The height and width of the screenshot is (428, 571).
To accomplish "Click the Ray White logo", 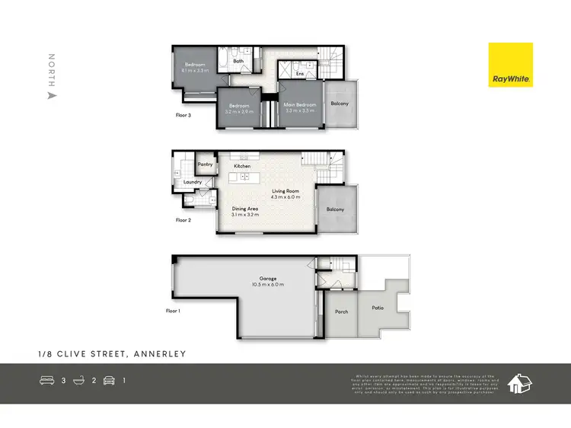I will pyautogui.click(x=510, y=65).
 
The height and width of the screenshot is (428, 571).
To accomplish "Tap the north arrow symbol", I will pyautogui.click(x=52, y=96).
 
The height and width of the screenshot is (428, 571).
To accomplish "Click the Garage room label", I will pyautogui.click(x=266, y=279).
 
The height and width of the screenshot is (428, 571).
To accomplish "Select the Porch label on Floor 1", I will pyautogui.click(x=341, y=311).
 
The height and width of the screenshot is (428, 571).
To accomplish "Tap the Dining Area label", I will pyautogui.click(x=246, y=209).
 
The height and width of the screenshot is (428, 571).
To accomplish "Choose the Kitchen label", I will pyautogui.click(x=243, y=166).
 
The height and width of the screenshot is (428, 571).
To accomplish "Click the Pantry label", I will pyautogui.click(x=204, y=164).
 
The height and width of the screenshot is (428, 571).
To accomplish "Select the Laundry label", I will pyautogui.click(x=191, y=182).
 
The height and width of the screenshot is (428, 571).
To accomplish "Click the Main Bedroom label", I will pyautogui.click(x=300, y=104).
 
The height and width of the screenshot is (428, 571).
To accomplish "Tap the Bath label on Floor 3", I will pyautogui.click(x=238, y=61).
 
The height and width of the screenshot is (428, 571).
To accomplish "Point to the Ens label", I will pyautogui.click(x=300, y=75).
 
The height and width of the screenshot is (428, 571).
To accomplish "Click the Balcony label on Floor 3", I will pyautogui.click(x=339, y=104).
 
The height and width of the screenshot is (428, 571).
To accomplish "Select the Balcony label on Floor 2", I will pyautogui.click(x=336, y=209).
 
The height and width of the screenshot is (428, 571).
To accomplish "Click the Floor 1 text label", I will pyautogui.click(x=173, y=311).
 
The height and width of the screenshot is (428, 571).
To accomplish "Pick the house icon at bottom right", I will pyautogui.click(x=520, y=383).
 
